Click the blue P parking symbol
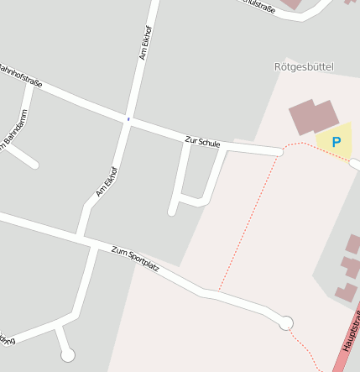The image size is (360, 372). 337,142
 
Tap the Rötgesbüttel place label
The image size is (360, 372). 304,66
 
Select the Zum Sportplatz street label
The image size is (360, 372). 134,257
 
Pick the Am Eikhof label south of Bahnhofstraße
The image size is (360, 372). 107,181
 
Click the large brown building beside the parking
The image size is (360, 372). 313,117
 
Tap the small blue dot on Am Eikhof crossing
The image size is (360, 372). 128,119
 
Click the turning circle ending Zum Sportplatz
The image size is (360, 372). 286,322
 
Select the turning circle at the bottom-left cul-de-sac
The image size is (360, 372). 68,354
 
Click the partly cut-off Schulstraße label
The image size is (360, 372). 258,7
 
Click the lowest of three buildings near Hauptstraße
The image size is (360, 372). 345,293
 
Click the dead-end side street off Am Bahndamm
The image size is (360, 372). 25,159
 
